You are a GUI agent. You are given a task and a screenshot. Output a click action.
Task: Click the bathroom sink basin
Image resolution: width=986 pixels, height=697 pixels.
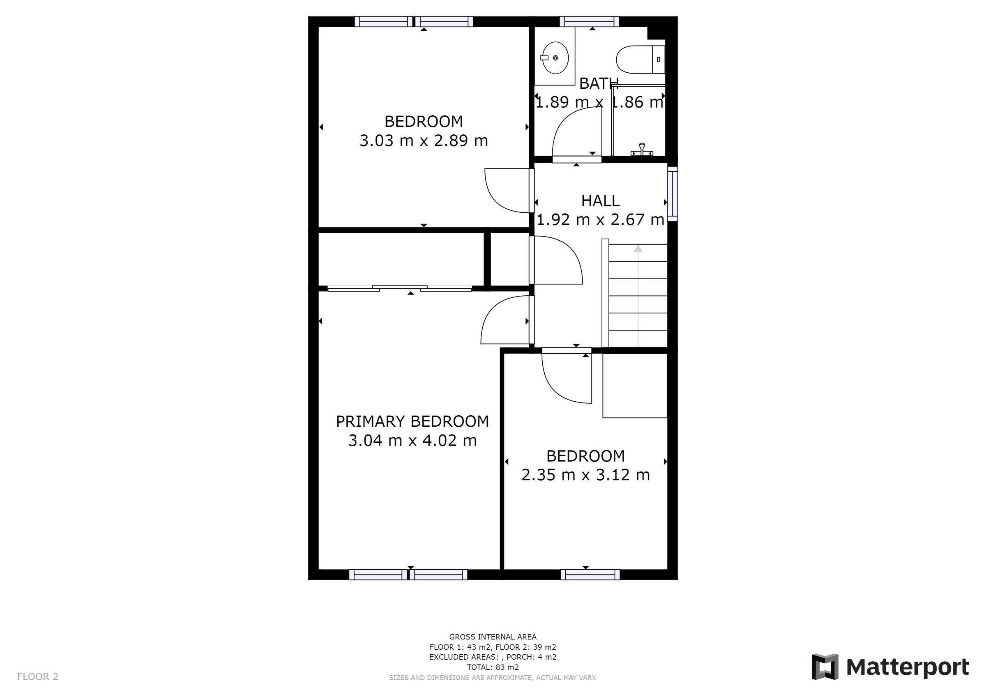(555, 58)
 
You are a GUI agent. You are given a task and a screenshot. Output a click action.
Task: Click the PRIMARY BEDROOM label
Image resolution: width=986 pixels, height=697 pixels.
(412, 421)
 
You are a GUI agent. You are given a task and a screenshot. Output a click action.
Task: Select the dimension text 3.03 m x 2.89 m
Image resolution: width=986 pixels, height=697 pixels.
(424, 141)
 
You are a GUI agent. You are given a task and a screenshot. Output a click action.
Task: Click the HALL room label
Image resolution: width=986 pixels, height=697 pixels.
(600, 201)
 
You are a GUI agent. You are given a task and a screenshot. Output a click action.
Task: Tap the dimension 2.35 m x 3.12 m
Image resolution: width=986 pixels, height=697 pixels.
(585, 474)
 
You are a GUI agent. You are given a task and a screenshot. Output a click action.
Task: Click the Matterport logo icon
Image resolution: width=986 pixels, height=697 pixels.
(825, 667)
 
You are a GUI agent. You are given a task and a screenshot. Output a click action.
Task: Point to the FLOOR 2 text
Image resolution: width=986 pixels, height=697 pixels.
(38, 677)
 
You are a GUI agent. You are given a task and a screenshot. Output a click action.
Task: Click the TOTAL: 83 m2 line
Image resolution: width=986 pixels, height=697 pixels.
(493, 667)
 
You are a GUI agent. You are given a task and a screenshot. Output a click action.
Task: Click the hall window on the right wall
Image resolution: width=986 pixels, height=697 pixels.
(673, 194)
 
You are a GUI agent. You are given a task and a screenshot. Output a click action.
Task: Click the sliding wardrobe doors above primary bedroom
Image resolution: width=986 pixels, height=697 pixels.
(399, 288)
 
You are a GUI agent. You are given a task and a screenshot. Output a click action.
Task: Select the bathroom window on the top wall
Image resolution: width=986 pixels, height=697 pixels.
(589, 21)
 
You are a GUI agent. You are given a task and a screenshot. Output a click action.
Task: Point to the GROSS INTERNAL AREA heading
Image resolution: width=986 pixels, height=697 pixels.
(493, 637)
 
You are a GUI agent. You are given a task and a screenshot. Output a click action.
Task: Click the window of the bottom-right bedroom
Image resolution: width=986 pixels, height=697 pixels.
(590, 574)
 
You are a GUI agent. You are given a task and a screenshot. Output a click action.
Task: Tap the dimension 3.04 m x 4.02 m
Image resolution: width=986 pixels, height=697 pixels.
(412, 441)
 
